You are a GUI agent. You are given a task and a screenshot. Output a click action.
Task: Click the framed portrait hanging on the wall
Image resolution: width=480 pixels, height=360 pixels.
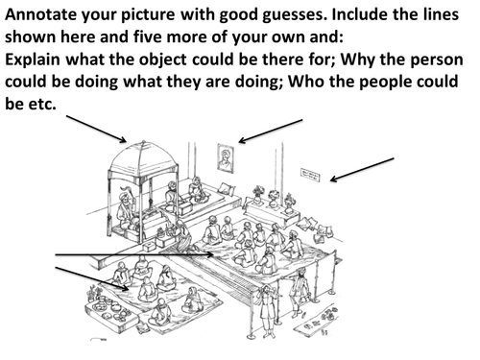coord(226,158)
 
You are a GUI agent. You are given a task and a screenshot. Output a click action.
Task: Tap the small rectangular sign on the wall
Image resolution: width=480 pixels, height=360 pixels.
coord(310,175)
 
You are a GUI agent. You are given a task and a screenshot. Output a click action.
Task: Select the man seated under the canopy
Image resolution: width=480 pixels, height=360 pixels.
coord(127,209)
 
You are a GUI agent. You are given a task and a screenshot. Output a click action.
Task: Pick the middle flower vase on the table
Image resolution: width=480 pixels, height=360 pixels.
coord(273,199)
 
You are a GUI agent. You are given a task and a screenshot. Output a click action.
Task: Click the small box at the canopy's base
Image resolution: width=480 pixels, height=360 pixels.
coord(149,247)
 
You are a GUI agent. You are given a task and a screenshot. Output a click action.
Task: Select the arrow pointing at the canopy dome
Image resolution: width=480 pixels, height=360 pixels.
coord(96,129)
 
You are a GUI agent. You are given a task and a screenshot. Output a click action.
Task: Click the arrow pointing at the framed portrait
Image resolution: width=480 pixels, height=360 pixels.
coord(271,132)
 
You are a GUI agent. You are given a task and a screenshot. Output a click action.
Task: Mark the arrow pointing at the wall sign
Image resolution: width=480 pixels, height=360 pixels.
coord(362,170)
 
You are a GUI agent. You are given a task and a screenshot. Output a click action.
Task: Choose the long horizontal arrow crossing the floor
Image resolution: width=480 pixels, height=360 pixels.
coord(134,254)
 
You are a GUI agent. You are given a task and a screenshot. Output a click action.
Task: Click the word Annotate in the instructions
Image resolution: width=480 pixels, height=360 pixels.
coord(40,14)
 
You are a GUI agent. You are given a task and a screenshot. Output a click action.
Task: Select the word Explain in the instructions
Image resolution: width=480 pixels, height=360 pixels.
coord(33,60)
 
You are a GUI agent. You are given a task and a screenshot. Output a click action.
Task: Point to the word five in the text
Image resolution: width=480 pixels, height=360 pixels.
coord(148,37)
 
